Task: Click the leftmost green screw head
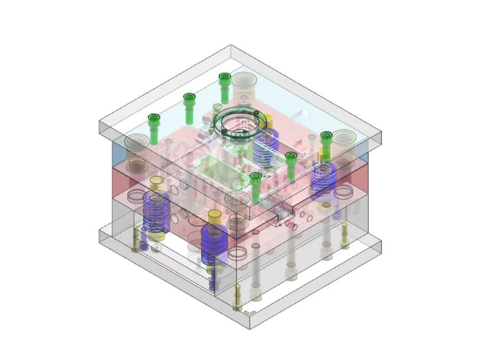(x=154, y=119)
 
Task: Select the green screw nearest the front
(x=256, y=177)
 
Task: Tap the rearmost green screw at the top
(x=224, y=77)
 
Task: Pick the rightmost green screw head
(x=326, y=137)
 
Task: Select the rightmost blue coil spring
(x=324, y=180)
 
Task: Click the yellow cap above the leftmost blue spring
(x=157, y=182)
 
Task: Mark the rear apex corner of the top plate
(x=231, y=46)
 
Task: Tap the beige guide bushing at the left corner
(x=137, y=142)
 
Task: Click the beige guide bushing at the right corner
(x=343, y=138)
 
